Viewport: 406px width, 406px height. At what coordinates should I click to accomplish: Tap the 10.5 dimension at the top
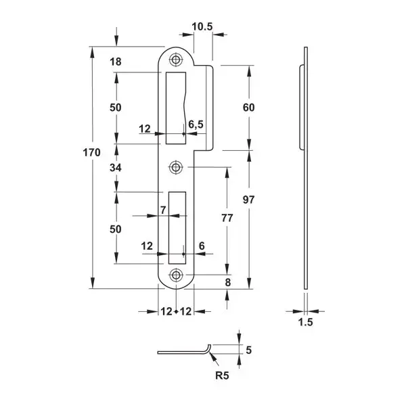click(x=202, y=26)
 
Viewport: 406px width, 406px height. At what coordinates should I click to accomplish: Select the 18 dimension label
click(x=115, y=62)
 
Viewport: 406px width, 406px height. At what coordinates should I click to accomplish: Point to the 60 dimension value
click(x=248, y=108)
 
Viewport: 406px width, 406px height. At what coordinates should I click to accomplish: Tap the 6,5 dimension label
click(x=196, y=124)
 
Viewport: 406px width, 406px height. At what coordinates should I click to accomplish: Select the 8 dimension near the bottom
click(x=228, y=282)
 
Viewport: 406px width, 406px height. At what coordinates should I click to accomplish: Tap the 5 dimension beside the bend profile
click(x=248, y=350)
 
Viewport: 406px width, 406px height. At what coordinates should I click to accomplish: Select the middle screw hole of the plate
click(x=177, y=166)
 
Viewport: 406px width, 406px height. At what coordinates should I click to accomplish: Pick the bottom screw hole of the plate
click(x=177, y=275)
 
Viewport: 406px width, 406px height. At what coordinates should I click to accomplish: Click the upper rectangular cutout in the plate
click(x=176, y=105)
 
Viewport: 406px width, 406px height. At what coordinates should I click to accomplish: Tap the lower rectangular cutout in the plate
click(x=177, y=226)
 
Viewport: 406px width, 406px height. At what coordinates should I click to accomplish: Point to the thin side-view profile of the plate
click(x=305, y=169)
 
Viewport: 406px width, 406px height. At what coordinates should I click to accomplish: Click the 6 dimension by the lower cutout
click(x=202, y=246)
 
